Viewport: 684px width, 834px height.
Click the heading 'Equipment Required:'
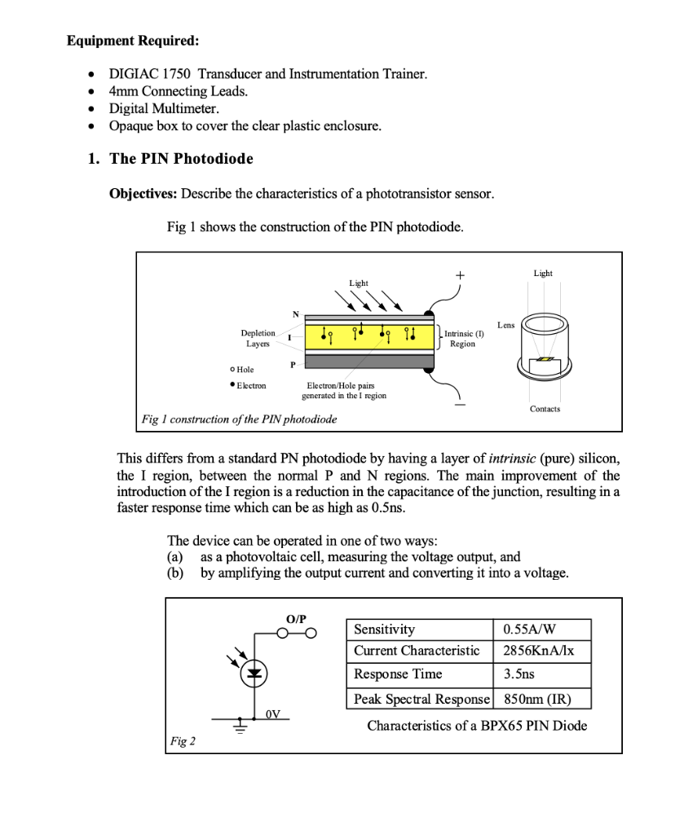pyautogui.click(x=132, y=40)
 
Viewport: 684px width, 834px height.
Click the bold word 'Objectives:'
pyautogui.click(x=143, y=194)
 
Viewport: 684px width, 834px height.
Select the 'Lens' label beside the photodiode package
pyautogui.click(x=505, y=324)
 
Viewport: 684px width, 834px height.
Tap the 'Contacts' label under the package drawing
pyautogui.click(x=545, y=409)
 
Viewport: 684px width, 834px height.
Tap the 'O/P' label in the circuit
pyautogui.click(x=296, y=619)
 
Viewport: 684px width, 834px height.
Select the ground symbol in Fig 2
pyautogui.click(x=241, y=727)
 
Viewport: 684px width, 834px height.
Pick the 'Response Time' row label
pyautogui.click(x=398, y=674)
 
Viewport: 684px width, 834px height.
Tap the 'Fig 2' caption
pyautogui.click(x=183, y=741)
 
